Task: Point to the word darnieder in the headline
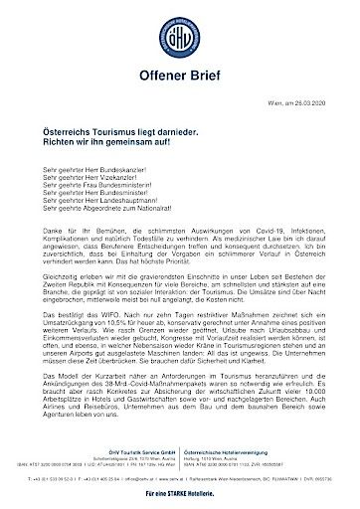click(x=192, y=132)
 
